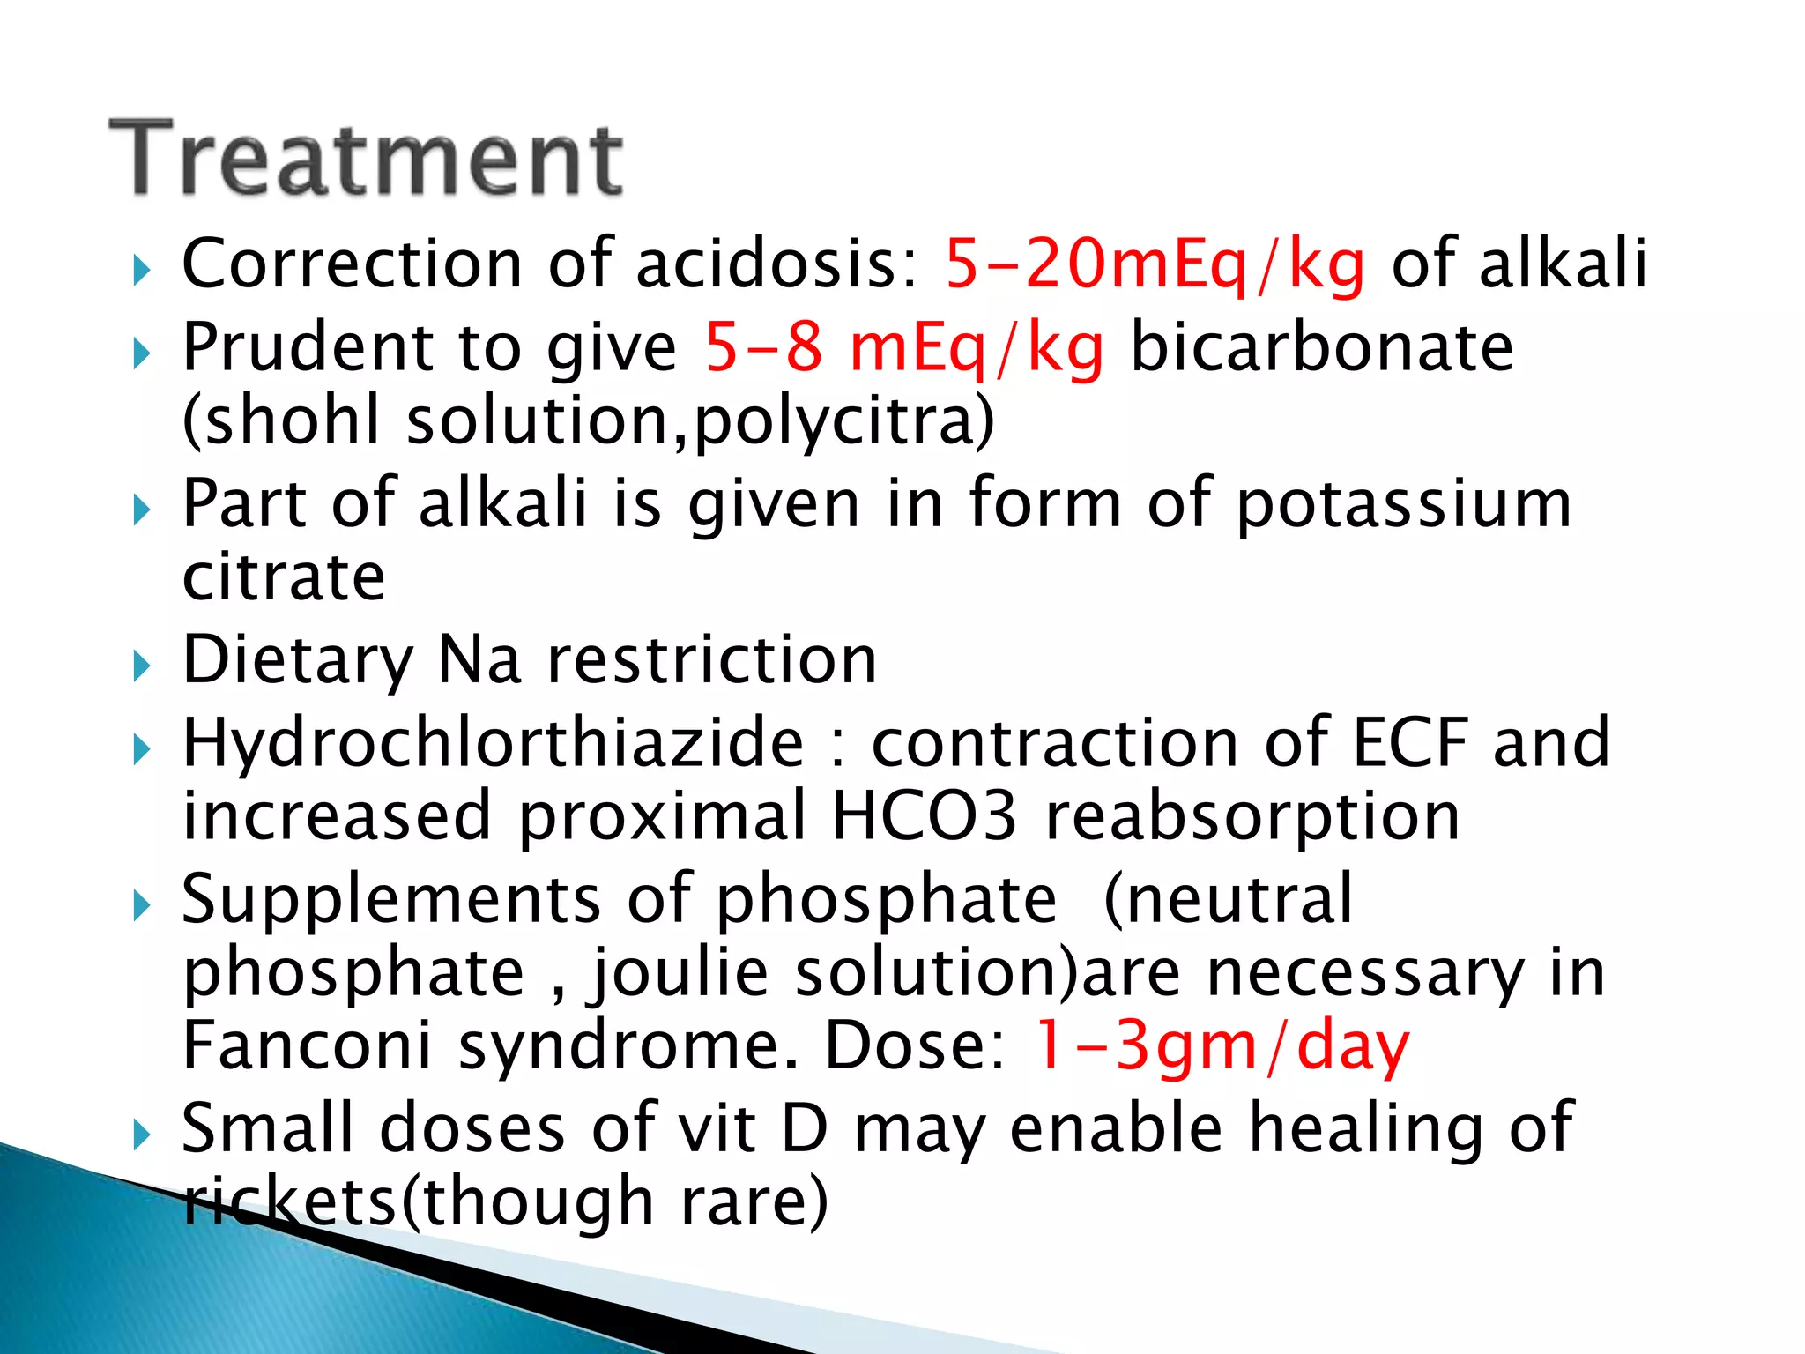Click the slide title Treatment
[x=366, y=159]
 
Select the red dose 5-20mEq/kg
[x=1155, y=264]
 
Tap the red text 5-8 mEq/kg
[x=903, y=346]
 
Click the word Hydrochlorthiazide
[x=493, y=743]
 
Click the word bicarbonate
[x=1321, y=346]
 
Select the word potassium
[x=1404, y=503]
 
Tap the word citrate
[x=284, y=577]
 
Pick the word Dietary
[x=298, y=660]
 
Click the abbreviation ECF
[x=1410, y=743]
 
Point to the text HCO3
[x=924, y=816]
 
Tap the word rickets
[x=291, y=1201]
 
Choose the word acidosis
[x=776, y=264]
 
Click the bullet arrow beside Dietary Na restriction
[x=142, y=666]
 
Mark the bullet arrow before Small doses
[x=142, y=1135]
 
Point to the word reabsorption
[x=1252, y=816]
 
